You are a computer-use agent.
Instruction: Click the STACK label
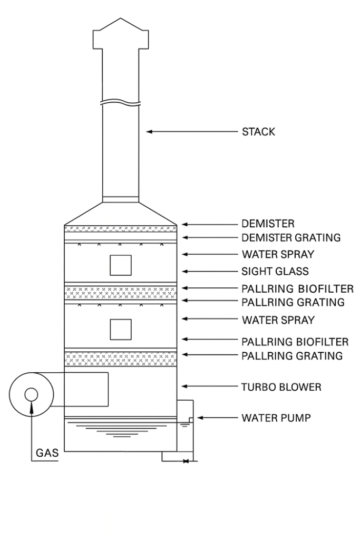tap(258, 132)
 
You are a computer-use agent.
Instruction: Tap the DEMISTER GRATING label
tap(291, 238)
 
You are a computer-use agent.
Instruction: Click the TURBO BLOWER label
tap(281, 387)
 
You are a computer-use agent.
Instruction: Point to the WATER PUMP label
tap(276, 418)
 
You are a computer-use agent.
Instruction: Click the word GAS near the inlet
tap(47, 452)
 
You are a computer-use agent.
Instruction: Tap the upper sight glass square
tap(120, 265)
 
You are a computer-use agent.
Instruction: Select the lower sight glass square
tap(120, 329)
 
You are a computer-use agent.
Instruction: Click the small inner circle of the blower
tap(31, 394)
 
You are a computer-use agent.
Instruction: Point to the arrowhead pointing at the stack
tap(150, 132)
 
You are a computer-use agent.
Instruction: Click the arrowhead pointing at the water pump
tap(199, 418)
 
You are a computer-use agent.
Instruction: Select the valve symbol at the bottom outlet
tap(186, 461)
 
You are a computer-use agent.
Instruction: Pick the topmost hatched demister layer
tap(120, 229)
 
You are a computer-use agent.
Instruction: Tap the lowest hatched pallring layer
tap(120, 359)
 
